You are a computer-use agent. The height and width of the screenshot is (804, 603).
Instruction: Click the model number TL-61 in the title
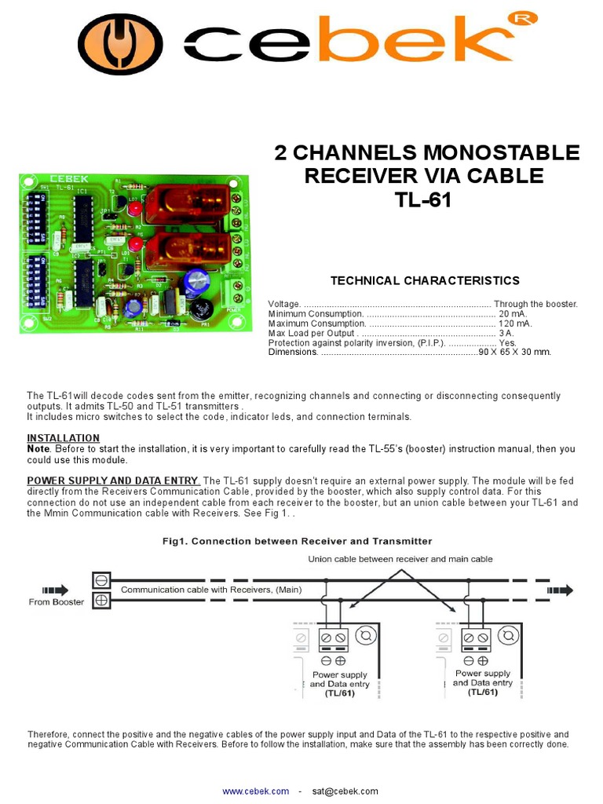(423, 199)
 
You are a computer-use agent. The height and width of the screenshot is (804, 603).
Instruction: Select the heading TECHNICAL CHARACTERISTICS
(425, 280)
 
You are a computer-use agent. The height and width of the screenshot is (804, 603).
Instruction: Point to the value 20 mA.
(514, 313)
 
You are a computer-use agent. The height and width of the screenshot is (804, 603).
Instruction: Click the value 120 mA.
(514, 323)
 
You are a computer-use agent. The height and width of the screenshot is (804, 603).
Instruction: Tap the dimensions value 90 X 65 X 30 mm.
(515, 352)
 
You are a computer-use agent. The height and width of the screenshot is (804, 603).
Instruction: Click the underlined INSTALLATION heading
(64, 438)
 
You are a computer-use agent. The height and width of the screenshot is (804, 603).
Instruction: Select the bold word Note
(38, 448)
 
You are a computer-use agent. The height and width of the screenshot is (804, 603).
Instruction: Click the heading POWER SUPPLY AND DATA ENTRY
(114, 481)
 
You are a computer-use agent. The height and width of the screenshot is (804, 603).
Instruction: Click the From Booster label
(57, 602)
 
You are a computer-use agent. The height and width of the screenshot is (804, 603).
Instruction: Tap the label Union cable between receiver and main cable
(400, 559)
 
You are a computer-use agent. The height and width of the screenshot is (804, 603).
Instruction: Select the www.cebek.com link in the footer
(255, 791)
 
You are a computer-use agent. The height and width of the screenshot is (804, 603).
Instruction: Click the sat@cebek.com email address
(345, 791)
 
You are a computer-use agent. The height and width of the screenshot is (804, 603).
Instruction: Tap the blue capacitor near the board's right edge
(196, 283)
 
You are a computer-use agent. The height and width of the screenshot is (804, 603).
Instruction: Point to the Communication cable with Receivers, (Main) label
(210, 590)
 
